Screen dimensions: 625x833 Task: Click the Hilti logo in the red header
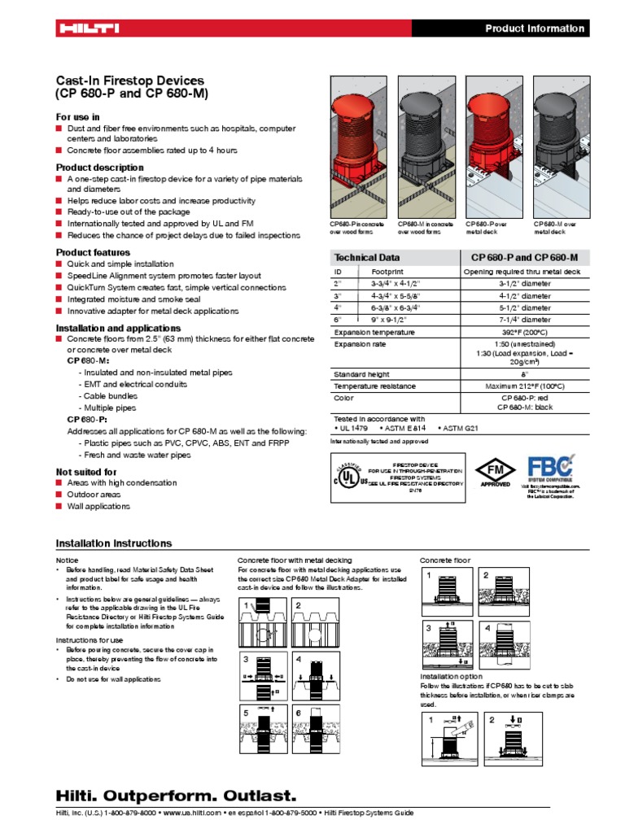[88, 28]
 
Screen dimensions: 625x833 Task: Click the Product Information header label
[535, 28]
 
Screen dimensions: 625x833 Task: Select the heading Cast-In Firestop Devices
[129, 81]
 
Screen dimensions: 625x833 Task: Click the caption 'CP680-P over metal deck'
[487, 228]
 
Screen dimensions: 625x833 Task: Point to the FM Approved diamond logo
[495, 472]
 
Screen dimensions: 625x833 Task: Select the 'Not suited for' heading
[85, 472]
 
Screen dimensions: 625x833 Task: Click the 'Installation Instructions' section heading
[113, 543]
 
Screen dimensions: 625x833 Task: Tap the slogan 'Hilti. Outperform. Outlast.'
[176, 795]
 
